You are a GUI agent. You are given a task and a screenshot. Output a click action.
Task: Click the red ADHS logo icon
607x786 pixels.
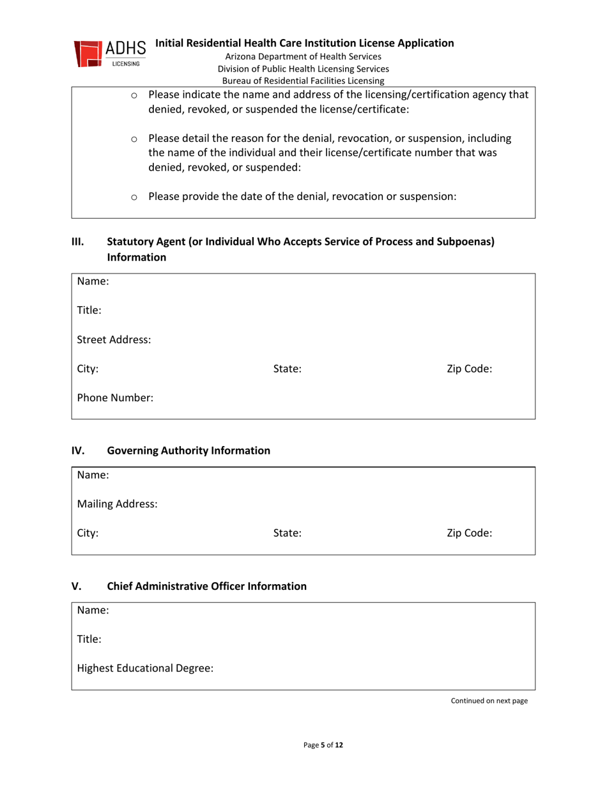point(89,54)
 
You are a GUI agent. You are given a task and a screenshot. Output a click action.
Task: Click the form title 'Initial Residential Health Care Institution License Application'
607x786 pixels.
point(305,43)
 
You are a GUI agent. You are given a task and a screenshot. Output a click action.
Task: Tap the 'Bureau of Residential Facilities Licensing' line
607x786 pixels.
point(303,81)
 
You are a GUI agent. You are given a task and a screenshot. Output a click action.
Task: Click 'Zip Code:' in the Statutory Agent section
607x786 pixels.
point(469,369)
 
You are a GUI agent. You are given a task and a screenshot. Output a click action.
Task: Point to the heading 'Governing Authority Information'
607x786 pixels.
point(188,451)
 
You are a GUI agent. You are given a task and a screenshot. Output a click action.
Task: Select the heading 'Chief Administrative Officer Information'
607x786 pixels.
point(206,585)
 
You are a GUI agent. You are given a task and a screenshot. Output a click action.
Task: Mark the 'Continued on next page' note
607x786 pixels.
point(489,701)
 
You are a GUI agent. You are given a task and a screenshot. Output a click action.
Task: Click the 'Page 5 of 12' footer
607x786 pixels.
point(323,745)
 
